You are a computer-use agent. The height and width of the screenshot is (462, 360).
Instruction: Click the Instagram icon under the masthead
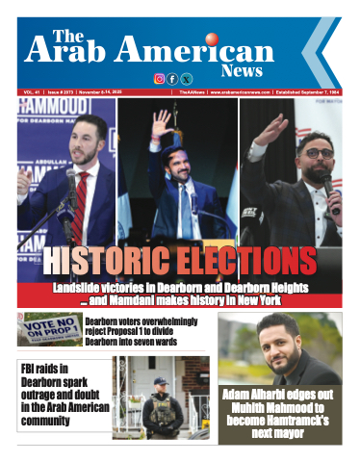(160, 79)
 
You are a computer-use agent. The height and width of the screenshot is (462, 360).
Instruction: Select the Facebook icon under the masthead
(172, 79)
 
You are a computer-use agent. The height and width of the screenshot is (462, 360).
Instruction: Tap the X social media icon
(186, 79)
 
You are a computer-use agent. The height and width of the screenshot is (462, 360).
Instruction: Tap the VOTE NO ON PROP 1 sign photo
(48, 329)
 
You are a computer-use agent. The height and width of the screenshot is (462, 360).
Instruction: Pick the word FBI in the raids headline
(32, 369)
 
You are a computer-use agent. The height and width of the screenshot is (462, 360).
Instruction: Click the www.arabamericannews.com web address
(228, 93)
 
